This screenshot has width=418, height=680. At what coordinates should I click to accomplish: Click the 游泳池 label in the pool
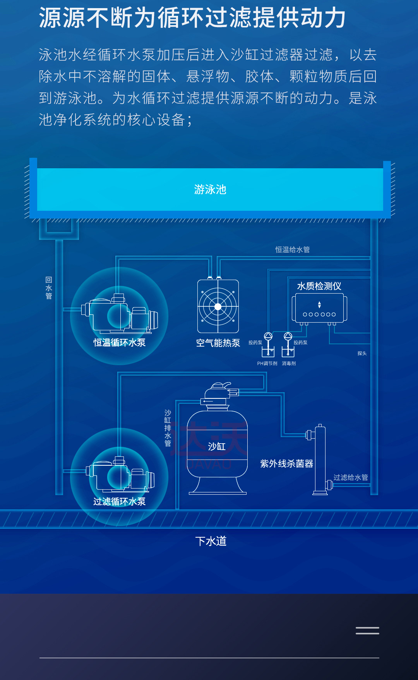pyautogui.click(x=210, y=190)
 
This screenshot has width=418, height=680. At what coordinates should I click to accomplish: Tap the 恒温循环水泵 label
pyautogui.click(x=119, y=342)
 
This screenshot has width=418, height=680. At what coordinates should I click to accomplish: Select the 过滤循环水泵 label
pyautogui.click(x=119, y=501)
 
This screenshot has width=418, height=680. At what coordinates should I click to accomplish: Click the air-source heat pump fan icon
pyautogui.click(x=218, y=306)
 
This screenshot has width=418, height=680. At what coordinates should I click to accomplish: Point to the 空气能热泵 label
pyautogui.click(x=218, y=343)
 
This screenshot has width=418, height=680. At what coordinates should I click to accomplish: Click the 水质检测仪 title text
pyautogui.click(x=319, y=286)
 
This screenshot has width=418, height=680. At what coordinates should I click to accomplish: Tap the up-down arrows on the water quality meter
pyautogui.click(x=319, y=305)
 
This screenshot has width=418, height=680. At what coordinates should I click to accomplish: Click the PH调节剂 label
pyautogui.click(x=267, y=364)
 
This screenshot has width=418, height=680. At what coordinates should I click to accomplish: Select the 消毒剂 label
pyautogui.click(x=289, y=364)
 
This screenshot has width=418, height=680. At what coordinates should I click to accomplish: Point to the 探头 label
pyautogui.click(x=362, y=354)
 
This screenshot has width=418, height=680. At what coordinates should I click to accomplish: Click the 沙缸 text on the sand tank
pyautogui.click(x=217, y=446)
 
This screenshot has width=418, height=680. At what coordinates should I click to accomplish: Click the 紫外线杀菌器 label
pyautogui.click(x=286, y=463)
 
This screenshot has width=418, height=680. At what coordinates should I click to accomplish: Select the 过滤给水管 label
pyautogui.click(x=351, y=477)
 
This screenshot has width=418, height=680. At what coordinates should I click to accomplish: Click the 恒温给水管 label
pyautogui.click(x=293, y=250)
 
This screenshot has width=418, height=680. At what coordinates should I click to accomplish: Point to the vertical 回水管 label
pyautogui.click(x=49, y=288)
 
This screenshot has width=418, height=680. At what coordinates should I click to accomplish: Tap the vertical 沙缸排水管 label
pyautogui.click(x=168, y=428)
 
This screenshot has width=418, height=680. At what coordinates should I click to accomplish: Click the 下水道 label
pyautogui.click(x=211, y=541)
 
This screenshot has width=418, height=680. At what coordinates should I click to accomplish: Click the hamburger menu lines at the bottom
pyautogui.click(x=367, y=630)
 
